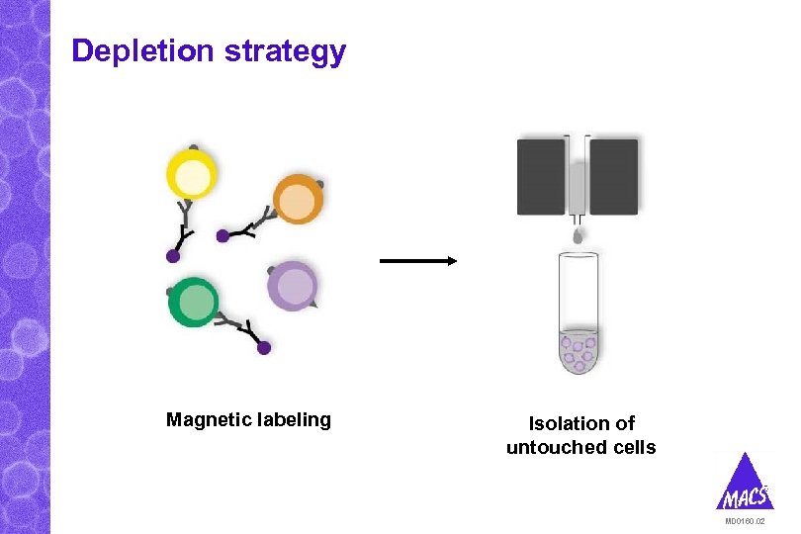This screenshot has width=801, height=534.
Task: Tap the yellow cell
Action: [x=192, y=178]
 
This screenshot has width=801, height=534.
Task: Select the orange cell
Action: [x=296, y=200]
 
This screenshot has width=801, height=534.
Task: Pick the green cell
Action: [x=194, y=302]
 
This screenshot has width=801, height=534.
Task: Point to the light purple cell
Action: [x=294, y=287]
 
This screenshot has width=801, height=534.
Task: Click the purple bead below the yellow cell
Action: [x=173, y=256]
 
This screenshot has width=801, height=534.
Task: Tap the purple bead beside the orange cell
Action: [x=223, y=236]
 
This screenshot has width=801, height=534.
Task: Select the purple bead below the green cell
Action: [x=264, y=347]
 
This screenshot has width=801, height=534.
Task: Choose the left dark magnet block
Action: [x=541, y=176]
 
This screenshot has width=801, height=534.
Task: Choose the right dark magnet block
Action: [x=614, y=176]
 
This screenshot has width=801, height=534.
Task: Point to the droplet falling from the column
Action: [x=578, y=235]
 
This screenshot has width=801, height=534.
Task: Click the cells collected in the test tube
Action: [x=578, y=351]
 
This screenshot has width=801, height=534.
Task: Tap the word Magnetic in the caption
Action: [x=207, y=420]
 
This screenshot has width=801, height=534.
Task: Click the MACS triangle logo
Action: [x=744, y=485]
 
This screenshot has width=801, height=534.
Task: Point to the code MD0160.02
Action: [x=745, y=521]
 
